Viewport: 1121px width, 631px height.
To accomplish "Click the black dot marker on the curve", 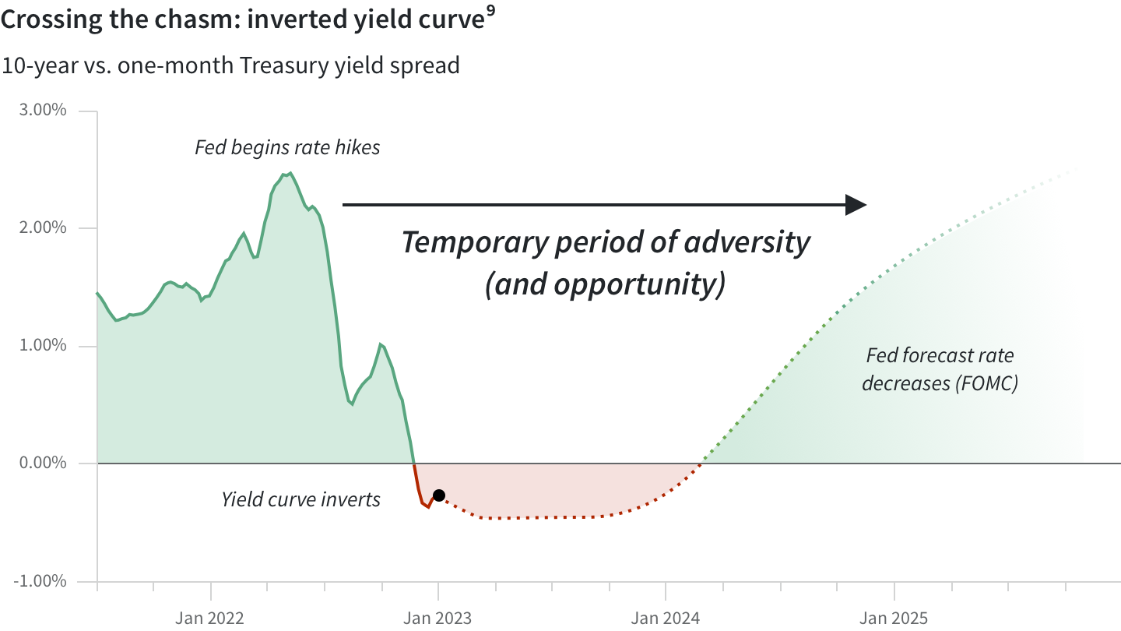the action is coord(439,495).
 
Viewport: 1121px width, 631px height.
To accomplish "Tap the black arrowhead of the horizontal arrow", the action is coord(856,205).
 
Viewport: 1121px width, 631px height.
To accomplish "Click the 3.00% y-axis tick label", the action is coord(43,110).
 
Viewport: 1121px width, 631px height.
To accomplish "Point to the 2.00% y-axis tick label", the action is coord(43,227).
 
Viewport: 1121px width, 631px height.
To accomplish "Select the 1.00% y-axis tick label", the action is coord(43,345).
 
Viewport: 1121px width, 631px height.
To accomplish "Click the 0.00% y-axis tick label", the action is coord(43,463).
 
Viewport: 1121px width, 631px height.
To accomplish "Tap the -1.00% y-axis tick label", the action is coord(40,581).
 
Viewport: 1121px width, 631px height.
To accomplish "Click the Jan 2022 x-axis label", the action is coord(209,618).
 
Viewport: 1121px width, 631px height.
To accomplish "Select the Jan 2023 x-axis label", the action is coord(438,618).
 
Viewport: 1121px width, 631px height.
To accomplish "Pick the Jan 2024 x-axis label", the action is coord(666,618).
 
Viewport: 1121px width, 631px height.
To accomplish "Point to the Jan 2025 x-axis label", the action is coord(894,618).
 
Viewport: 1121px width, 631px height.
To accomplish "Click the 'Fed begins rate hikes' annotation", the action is coord(287,148).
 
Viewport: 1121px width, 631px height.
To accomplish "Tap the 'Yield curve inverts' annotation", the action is coord(300,500).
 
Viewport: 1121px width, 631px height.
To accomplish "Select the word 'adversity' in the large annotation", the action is coord(747,242).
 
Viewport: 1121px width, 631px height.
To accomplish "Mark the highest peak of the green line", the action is coord(291,173).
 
